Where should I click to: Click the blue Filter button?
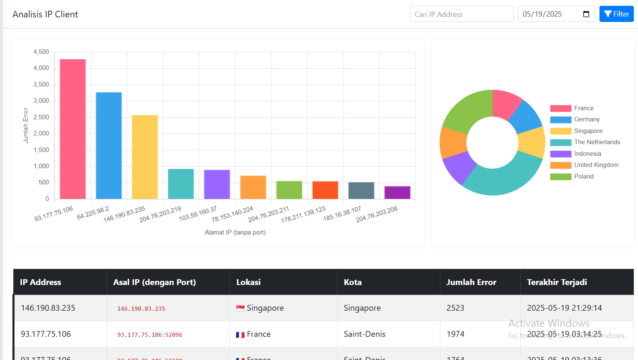pos(616,14)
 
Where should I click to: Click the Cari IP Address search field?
pos(462,14)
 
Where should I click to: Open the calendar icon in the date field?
pos(586,14)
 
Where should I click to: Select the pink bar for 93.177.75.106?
pos(72,129)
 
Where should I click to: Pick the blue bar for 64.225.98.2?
pos(109,145)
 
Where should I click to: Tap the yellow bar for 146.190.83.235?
pos(145,157)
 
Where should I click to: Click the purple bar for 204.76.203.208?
pos(397,193)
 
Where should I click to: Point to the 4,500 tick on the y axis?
pos(41,52)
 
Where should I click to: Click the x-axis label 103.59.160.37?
pos(198,214)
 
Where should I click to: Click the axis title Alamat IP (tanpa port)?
pos(235,232)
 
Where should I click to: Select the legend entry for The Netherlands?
pos(597,142)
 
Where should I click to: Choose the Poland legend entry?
pos(584,176)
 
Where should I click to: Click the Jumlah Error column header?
pos(471,282)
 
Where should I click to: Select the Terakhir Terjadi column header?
pos(556,282)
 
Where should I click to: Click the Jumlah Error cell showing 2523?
pos(455,308)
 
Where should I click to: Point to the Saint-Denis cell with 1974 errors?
pos(365,334)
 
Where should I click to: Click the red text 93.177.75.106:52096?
pos(150,335)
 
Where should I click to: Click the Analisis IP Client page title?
pos(45,14)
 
